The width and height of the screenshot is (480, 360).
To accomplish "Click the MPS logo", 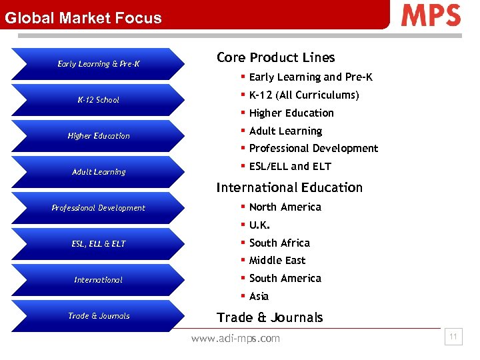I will [431, 15].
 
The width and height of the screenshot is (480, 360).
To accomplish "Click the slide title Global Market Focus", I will [83, 18].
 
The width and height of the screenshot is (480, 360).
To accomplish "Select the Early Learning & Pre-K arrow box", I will [98, 64].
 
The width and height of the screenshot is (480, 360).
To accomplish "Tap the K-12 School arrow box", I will [98, 100].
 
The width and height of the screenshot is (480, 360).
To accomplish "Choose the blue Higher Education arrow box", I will [98, 136].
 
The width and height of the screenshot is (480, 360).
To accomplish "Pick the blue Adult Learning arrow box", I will [98, 172].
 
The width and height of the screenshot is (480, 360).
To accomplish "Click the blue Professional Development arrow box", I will [98, 208].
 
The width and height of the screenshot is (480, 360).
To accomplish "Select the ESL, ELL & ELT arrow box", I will [98, 244].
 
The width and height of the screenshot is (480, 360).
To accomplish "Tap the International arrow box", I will [98, 280].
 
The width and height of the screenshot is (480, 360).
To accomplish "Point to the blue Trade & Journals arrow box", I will [98, 316].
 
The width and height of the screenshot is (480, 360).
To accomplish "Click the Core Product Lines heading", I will [275, 58].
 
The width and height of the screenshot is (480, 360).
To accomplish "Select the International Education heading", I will [289, 188].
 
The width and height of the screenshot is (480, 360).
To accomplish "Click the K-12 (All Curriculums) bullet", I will [304, 95].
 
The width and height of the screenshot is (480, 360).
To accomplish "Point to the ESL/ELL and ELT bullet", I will [290, 167].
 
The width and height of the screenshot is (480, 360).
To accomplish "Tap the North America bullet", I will [285, 207].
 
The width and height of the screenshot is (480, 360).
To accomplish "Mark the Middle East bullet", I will [277, 261].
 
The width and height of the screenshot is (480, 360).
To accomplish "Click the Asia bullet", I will [259, 297].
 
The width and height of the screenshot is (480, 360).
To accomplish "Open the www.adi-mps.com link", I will [235, 339].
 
